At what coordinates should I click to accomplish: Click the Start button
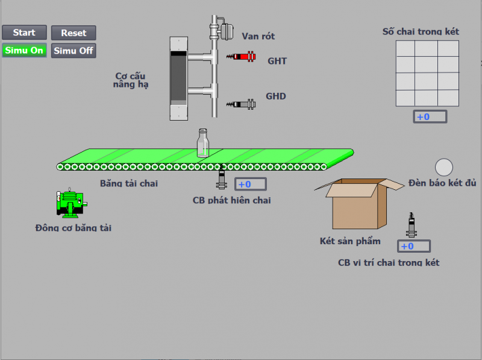coord(24,33)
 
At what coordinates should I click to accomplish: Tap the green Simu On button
coord(24,51)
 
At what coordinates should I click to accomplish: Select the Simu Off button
coord(74,51)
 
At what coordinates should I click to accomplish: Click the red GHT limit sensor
coord(241,57)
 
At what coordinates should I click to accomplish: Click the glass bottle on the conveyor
coord(203,143)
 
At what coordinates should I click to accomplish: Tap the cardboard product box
coord(359,205)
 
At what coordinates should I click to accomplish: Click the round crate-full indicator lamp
coord(444,167)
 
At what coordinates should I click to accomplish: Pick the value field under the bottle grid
coord(430,116)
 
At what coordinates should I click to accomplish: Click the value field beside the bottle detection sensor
coord(251,184)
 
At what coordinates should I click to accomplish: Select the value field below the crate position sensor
coord(414,246)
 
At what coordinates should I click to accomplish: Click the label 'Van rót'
coord(258,36)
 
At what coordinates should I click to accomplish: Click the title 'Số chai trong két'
coord(421,31)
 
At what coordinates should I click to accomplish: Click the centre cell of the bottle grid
coord(427,72)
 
